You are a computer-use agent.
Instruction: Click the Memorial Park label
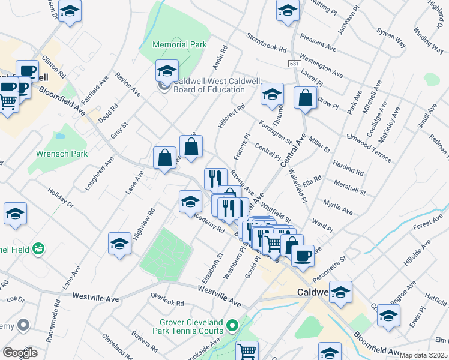(x=179, y=44)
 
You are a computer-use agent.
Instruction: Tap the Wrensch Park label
(x=61, y=154)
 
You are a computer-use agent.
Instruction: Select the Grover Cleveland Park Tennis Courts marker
(x=232, y=326)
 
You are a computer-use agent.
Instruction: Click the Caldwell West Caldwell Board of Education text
(x=208, y=85)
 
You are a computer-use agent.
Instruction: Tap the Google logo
(x=20, y=352)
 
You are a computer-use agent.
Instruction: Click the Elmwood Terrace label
(x=369, y=148)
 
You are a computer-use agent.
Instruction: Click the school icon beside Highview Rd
(x=119, y=243)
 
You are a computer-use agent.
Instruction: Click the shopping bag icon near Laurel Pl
(x=306, y=97)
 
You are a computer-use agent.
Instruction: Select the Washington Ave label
(x=321, y=66)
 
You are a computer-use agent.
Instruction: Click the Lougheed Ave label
(x=99, y=173)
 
